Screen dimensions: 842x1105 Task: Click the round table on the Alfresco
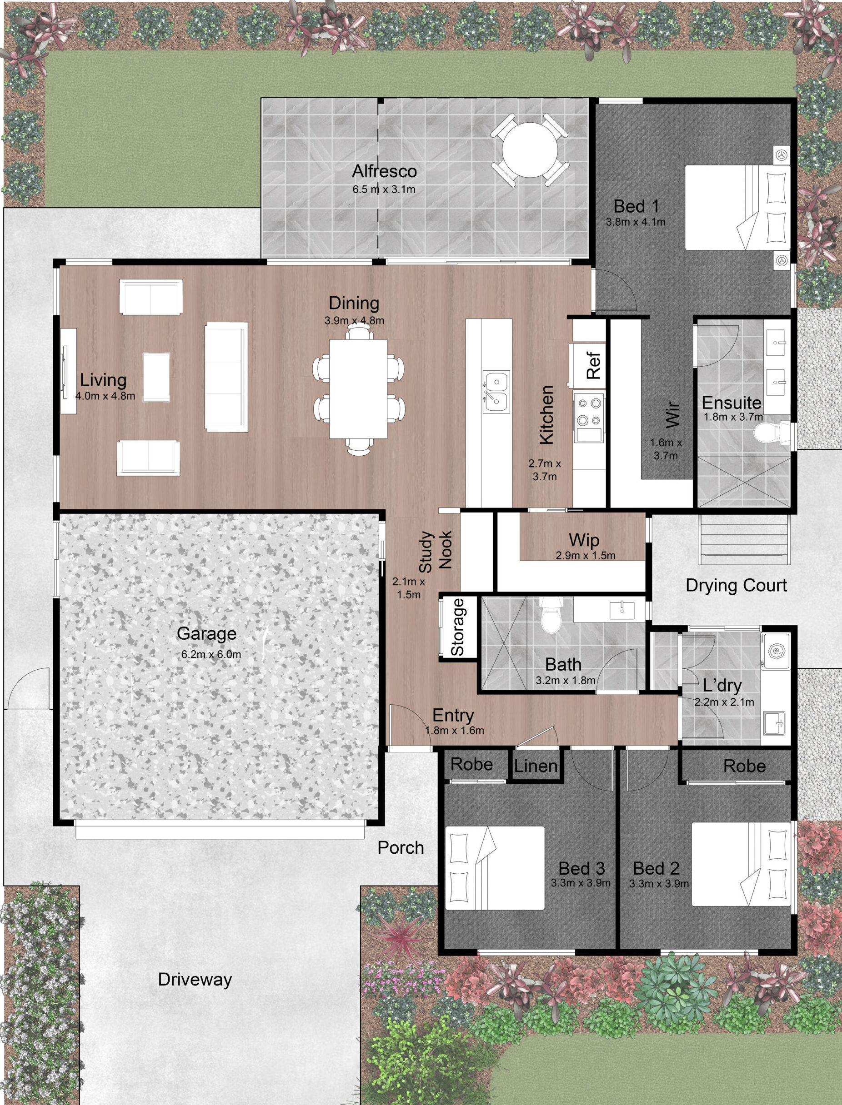530,150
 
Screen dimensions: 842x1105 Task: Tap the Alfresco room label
385,171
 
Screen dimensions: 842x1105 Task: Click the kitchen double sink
496,392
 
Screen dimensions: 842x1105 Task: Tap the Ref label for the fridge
593,366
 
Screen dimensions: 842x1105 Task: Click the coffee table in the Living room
156,377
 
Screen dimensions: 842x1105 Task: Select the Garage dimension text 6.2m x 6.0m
211,655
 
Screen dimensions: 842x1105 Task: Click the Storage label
457,627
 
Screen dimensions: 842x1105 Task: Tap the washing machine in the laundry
775,651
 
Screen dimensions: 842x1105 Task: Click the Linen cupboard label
535,766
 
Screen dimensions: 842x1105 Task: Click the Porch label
401,847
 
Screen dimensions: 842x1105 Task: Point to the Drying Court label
736,585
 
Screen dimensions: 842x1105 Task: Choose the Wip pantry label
584,541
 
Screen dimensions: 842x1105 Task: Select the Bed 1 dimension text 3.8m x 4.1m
636,222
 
